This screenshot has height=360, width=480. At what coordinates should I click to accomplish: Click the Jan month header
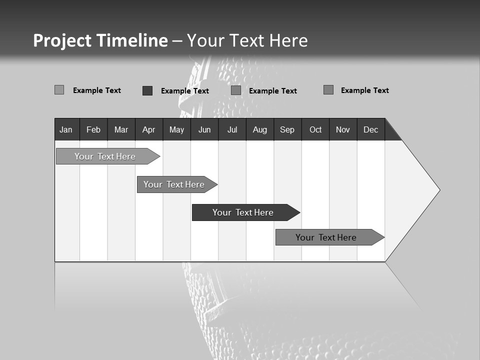(66, 129)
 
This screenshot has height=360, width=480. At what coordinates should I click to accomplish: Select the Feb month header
(93, 129)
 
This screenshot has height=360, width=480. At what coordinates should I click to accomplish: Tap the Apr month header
(149, 129)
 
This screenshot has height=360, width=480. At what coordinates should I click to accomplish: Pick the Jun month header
(204, 129)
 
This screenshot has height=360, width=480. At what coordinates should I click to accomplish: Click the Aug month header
(260, 129)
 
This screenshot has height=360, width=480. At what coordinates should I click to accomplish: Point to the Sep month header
(287, 129)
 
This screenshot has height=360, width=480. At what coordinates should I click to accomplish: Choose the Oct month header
(315, 129)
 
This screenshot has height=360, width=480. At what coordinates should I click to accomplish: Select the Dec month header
(371, 129)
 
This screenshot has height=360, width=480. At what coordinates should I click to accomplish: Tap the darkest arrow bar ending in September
(243, 212)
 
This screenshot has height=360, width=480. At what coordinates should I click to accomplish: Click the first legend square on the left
(59, 90)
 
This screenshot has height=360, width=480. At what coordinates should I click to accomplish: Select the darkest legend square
(147, 90)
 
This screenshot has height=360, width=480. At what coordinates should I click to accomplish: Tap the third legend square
(236, 90)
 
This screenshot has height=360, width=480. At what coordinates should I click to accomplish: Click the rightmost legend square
(328, 90)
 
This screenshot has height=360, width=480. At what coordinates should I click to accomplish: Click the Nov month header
(343, 129)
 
